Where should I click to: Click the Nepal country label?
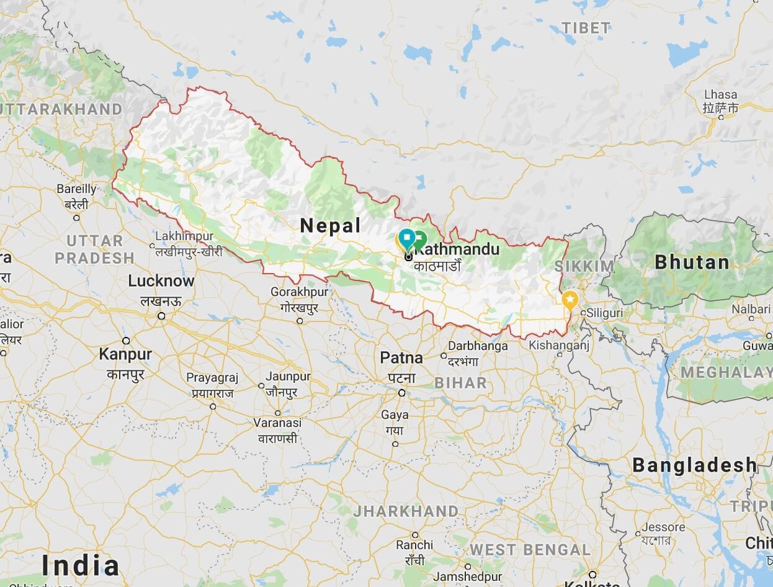[330, 226]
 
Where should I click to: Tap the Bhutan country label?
[692, 262]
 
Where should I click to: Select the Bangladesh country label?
[695, 465]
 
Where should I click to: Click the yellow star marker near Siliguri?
[570, 300]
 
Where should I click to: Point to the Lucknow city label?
[161, 281]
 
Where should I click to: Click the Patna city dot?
[402, 392]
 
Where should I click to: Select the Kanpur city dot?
[126, 341]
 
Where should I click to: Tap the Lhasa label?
[721, 95]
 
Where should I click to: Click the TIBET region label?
[586, 28]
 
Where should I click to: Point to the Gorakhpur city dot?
[300, 321]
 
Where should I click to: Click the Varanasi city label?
[277, 423]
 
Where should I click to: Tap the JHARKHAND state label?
[406, 512]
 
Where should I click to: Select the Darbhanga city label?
[478, 346]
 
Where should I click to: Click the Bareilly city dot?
[76, 217]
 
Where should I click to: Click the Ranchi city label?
[414, 545]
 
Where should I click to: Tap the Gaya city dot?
[395, 443]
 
